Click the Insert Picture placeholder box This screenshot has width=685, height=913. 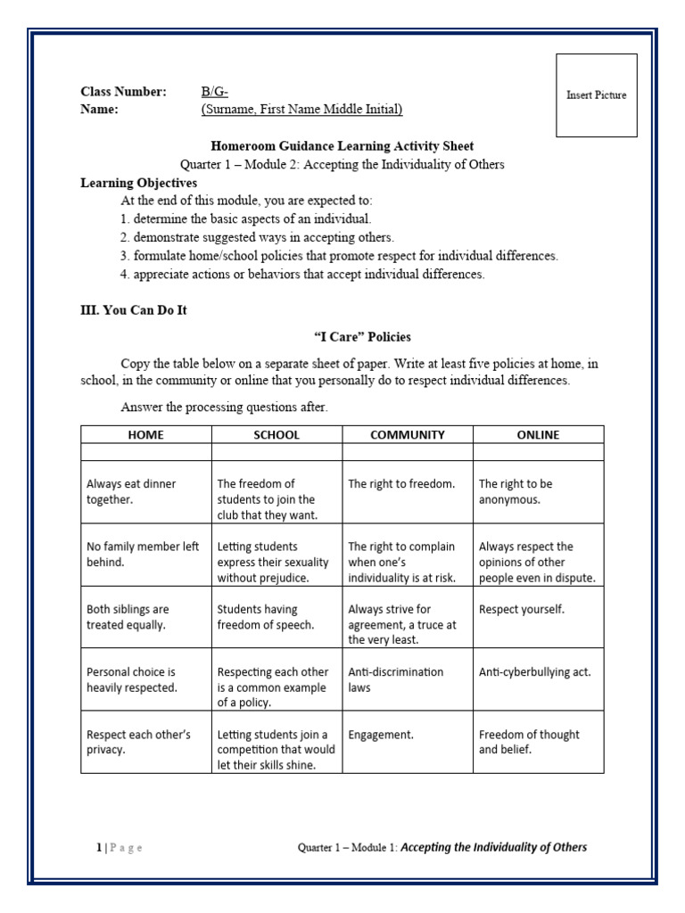tap(597, 95)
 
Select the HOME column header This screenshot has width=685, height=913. tap(146, 435)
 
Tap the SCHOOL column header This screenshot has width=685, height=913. tap(276, 435)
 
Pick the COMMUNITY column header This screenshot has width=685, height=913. tap(408, 435)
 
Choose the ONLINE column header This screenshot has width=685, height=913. tap(538, 435)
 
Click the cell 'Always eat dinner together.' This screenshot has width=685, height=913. tap(146, 492)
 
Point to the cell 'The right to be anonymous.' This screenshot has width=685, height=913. tap(538, 492)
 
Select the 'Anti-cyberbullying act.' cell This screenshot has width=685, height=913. tap(538, 672)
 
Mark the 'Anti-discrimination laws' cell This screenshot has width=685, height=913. tap(408, 679)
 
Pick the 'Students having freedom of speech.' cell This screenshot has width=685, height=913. tap(276, 617)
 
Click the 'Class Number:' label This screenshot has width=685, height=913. tap(123, 92)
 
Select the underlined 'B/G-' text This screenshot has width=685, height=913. tap(215, 92)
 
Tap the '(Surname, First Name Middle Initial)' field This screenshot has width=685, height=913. tap(301, 110)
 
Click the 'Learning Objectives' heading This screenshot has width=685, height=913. tap(138, 183)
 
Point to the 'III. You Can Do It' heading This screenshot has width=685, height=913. tap(134, 310)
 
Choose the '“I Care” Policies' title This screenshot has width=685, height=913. tap(362, 337)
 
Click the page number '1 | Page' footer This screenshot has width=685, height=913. tap(120, 848)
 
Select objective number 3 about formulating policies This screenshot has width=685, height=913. tap(339, 256)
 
